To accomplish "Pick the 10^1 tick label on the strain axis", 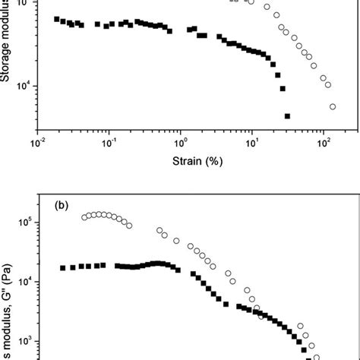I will tap(253, 141).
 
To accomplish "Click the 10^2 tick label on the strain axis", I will tap(325, 141).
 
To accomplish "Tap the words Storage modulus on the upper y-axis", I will tap(7, 46).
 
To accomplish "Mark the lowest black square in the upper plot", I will tap(287, 116).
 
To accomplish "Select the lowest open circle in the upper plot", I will tap(333, 106).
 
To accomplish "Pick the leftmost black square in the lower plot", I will tap(63, 268).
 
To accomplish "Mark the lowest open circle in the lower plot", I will tap(317, 357).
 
